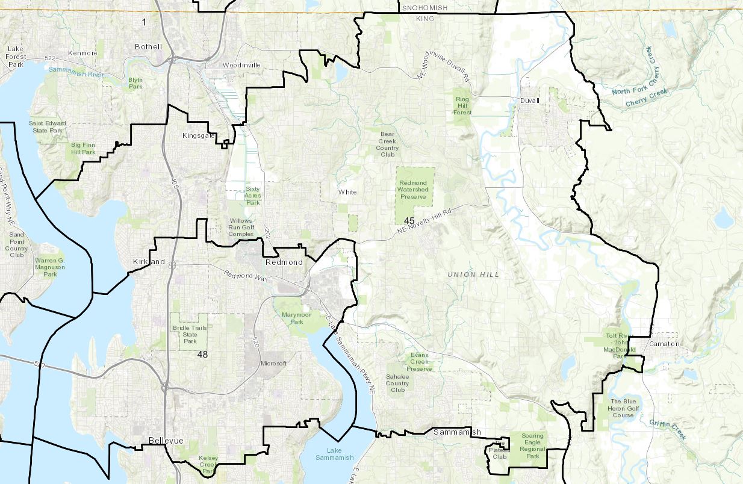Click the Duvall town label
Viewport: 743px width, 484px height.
[x=530, y=101]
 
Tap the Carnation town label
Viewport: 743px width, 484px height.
[x=665, y=344]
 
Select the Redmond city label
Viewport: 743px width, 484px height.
[x=284, y=262]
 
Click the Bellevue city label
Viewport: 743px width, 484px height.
[x=166, y=441]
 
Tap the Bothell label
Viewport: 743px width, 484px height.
[x=149, y=46]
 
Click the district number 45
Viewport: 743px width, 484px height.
[x=409, y=220]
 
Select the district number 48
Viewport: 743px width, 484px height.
[x=202, y=355]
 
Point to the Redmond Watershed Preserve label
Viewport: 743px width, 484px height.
[x=412, y=190]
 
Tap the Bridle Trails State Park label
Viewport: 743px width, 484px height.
[x=190, y=333]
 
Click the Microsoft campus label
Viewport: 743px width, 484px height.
[x=274, y=364]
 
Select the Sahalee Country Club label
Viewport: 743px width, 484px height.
[x=397, y=383]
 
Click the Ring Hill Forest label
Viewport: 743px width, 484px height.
[x=462, y=105]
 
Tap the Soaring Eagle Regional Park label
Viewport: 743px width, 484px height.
[x=532, y=446]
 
